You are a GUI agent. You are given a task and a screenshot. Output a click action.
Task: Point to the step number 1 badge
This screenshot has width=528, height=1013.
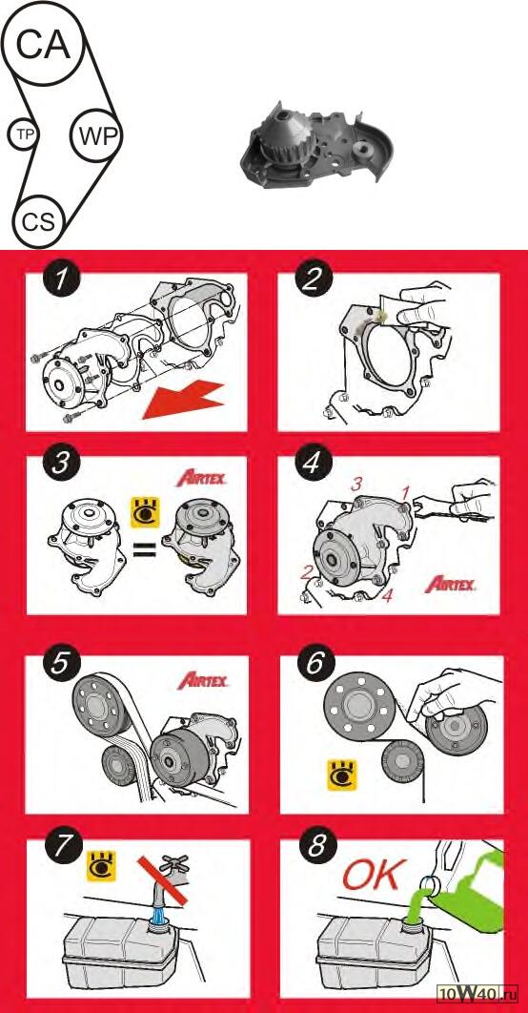tap(62, 282)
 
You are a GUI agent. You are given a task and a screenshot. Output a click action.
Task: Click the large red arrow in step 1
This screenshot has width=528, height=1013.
tap(183, 401)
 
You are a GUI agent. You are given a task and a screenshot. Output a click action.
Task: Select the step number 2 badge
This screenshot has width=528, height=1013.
tap(314, 282)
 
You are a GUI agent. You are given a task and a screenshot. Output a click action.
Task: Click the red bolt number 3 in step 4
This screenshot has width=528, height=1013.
tap(354, 484)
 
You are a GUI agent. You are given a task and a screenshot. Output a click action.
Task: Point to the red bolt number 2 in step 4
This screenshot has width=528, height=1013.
tap(309, 571)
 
